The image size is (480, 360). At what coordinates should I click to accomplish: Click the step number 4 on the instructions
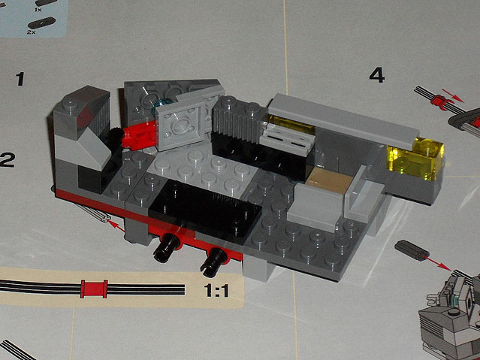pos(376,75)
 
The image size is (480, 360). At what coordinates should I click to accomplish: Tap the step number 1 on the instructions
pos(20,79)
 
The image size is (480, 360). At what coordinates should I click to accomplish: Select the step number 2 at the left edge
pos(7,160)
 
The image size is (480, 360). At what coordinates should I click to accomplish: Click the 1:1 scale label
pos(216,290)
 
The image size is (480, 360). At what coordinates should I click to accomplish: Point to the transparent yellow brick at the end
pos(415,159)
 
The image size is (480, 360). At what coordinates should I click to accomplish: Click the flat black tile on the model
pos(204,211)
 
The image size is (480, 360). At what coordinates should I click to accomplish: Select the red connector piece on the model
pos(138,135)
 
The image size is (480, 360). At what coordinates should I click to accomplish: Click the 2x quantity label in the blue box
pos(32,32)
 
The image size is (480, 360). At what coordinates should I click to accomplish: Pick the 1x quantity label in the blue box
pos(38,10)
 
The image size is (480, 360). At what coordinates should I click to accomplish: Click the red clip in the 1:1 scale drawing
pos(94,289)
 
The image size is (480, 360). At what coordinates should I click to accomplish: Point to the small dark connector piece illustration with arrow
pos(412,250)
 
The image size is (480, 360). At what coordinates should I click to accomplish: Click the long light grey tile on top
pos(343,121)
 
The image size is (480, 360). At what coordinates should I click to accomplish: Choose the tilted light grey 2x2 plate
pos(180,126)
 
